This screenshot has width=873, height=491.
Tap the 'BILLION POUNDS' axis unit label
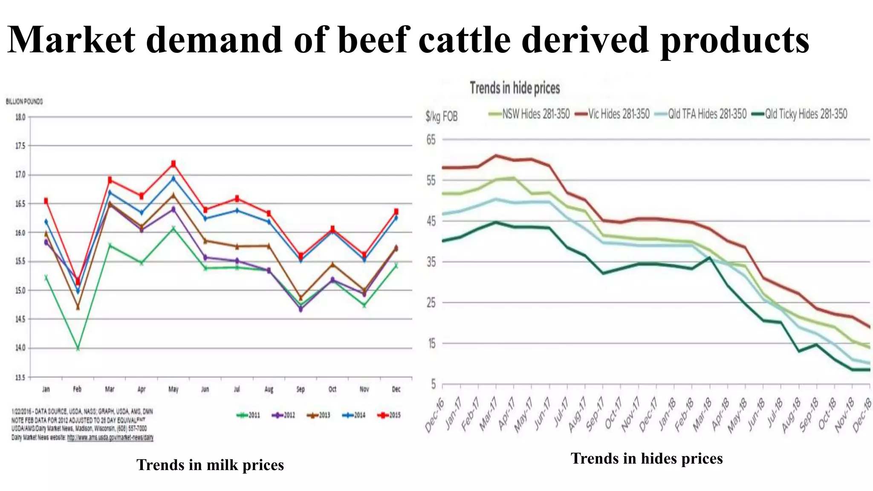tap(24, 101)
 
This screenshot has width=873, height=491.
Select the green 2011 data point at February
tap(78, 348)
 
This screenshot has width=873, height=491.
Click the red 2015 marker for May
tap(173, 163)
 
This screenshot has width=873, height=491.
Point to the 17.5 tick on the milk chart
tap(20, 146)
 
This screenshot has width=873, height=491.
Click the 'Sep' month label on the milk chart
tap(301, 389)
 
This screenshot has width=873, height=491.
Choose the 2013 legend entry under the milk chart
tap(318, 415)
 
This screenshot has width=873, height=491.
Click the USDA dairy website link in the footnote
tap(110, 438)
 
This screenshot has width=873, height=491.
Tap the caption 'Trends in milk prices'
tap(210, 465)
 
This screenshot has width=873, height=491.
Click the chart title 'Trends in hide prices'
tap(515, 88)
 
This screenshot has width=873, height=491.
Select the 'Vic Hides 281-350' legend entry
tap(613, 114)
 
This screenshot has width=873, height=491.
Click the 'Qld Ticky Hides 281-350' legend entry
tap(800, 114)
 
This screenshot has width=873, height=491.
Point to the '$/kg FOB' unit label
tap(441, 116)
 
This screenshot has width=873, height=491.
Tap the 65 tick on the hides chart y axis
tap(431, 140)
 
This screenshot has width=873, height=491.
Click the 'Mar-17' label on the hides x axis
tap(489, 415)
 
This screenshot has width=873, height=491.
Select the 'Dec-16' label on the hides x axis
tap(435, 416)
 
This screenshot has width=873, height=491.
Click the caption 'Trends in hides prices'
tap(647, 458)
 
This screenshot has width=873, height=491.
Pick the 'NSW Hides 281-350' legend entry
tap(530, 114)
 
